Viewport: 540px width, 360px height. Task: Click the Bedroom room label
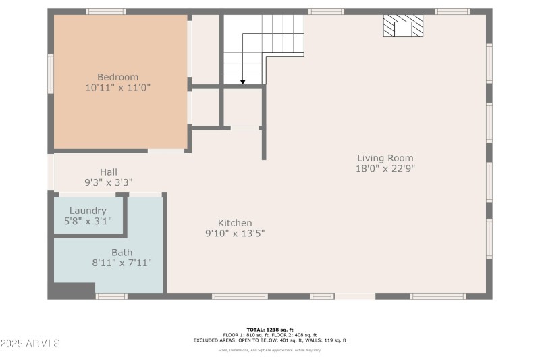coord(117,77)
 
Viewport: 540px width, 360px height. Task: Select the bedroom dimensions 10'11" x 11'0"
coord(117,88)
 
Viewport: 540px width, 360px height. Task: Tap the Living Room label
coord(385,158)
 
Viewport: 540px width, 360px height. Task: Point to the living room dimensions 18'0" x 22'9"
coord(385,169)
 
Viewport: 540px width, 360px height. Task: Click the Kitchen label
coord(235,223)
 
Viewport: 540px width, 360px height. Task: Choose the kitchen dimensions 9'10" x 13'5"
coord(235,234)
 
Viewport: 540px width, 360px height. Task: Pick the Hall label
coord(109,172)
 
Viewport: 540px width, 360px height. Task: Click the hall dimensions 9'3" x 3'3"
coord(109,182)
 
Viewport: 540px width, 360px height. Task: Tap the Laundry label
coord(88,211)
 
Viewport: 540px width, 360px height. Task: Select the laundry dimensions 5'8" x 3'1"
coord(88,221)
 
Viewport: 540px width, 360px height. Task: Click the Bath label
coord(122,253)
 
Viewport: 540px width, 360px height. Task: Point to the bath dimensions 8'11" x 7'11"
coord(122,263)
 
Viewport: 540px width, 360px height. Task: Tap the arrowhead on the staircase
coord(242,82)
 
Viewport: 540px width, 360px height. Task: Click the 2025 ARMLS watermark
coord(30,344)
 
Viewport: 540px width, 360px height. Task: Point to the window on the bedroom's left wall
coord(51,73)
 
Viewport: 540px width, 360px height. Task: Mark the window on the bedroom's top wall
coord(106,11)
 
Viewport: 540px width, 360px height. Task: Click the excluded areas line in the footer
coord(269,340)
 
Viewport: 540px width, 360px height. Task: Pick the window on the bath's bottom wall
coord(111,297)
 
